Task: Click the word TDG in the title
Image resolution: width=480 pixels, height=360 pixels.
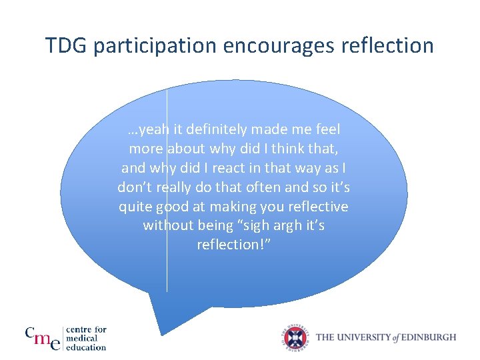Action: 68,46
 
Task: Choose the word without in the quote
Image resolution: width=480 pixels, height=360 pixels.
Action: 167,225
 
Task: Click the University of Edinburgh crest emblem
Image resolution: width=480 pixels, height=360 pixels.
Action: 295,337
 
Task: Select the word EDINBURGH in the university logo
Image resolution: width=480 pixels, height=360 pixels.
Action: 429,337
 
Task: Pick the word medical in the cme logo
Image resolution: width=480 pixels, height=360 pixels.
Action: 82,338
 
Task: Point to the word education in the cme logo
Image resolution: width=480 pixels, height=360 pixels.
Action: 86,347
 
